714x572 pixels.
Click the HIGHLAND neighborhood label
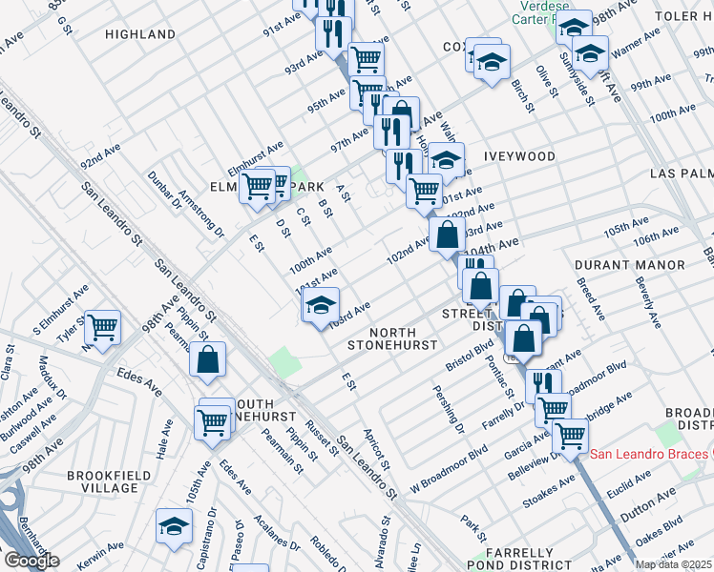pyautogui.click(x=140, y=34)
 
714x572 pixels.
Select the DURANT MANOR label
pyautogui.click(x=629, y=264)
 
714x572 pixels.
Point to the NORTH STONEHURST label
pyautogui.click(x=391, y=337)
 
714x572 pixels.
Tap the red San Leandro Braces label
pyautogui.click(x=649, y=453)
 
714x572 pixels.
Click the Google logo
pyautogui.click(x=31, y=561)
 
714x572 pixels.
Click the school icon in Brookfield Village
pyautogui.click(x=174, y=525)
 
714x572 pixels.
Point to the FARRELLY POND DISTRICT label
pyautogui.click(x=519, y=560)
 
